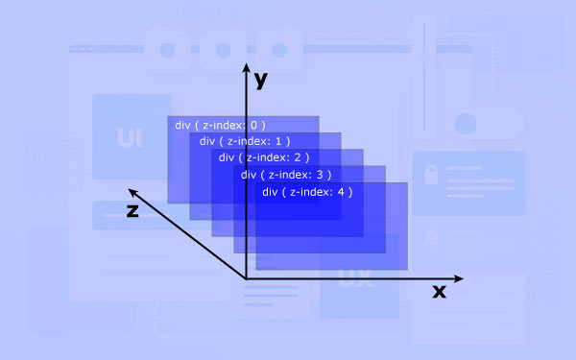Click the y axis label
tap(261, 80)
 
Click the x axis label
tap(440, 291)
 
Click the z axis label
tap(132, 211)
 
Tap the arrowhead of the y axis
tap(247, 67)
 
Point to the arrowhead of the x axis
tap(459, 278)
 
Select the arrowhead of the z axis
tap(132, 192)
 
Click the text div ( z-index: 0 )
tap(220, 125)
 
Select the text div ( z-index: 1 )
tap(245, 141)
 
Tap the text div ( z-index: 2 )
tap(264, 157)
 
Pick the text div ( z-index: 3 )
tap(286, 175)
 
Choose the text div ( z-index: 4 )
tap(307, 192)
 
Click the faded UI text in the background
tap(130, 138)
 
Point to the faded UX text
tap(355, 278)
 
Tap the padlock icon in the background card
tap(431, 174)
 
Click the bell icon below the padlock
tap(431, 237)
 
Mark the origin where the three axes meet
tap(246, 278)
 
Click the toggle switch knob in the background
tap(466, 124)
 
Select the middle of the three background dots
tap(224, 50)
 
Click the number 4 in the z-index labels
tap(341, 192)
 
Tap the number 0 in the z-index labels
tap(253, 125)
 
